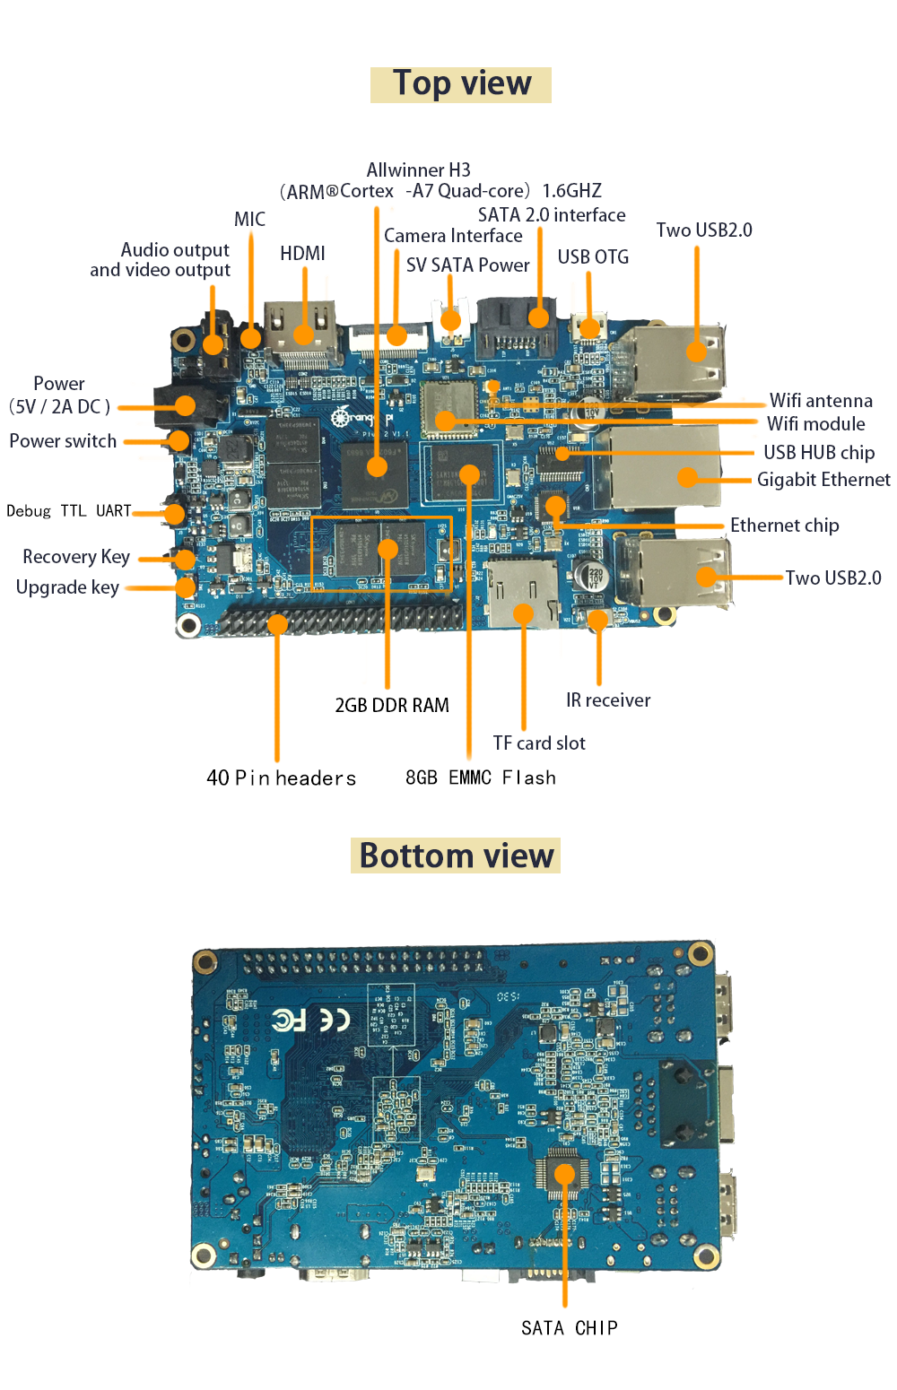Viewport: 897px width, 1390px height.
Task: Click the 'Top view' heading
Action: click(x=461, y=83)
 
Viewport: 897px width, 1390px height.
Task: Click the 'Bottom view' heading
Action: click(x=457, y=856)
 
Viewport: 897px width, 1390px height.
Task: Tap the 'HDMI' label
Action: click(x=302, y=253)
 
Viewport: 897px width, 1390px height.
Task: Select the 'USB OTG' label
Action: click(x=593, y=256)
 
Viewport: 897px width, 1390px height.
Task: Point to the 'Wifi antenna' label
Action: click(x=821, y=400)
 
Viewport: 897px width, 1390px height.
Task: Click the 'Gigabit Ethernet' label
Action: click(x=823, y=480)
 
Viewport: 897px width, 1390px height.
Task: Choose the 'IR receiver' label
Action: click(x=608, y=700)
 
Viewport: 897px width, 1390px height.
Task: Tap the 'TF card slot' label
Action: click(x=539, y=743)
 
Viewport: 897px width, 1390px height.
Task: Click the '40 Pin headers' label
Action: click(x=281, y=778)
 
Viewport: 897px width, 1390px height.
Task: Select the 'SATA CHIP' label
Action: click(x=570, y=1328)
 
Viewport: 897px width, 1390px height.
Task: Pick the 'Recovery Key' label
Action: click(x=76, y=557)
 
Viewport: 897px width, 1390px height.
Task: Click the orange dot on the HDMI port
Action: click(x=303, y=334)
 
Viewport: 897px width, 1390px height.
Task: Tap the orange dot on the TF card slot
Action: click(x=523, y=613)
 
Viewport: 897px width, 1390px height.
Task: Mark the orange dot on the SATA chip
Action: click(x=565, y=1174)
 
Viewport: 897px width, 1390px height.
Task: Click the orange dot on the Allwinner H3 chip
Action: click(x=377, y=466)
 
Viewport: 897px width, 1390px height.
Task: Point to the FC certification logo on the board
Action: click(x=289, y=1021)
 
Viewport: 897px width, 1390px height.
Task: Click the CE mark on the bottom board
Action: click(x=334, y=1019)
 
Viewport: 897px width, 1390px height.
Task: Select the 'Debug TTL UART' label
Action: click(x=68, y=510)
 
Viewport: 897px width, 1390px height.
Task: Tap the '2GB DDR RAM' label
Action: click(x=392, y=705)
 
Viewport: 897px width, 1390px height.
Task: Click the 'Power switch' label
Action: click(x=63, y=440)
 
